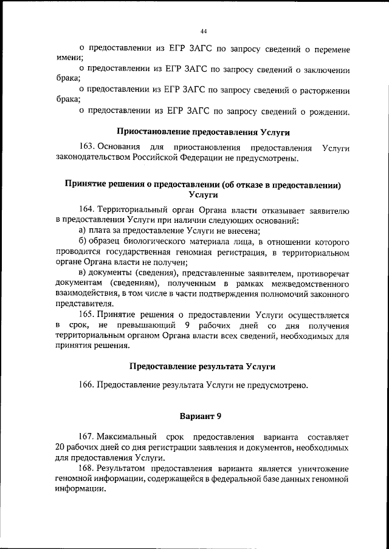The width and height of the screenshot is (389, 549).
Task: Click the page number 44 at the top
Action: pyautogui.click(x=204, y=32)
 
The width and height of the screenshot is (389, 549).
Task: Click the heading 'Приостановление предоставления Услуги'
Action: pyautogui.click(x=203, y=132)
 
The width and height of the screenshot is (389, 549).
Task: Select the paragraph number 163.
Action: pyautogui.click(x=86, y=148)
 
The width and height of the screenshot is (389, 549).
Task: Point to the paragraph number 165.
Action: pyautogui.click(x=86, y=315)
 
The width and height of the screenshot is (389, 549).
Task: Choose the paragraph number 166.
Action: pyautogui.click(x=86, y=384)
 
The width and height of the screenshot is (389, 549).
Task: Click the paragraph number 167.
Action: pyautogui.click(x=86, y=437)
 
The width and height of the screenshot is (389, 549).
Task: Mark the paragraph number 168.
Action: pyautogui.click(x=86, y=469)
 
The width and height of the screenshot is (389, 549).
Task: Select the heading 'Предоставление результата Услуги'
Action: pyautogui.click(x=203, y=367)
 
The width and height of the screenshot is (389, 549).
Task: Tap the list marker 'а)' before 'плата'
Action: pyautogui.click(x=84, y=231)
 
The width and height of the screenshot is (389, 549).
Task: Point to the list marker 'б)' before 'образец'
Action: pyautogui.click(x=84, y=242)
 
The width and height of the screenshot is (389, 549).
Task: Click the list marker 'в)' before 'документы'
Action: pyautogui.click(x=84, y=273)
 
